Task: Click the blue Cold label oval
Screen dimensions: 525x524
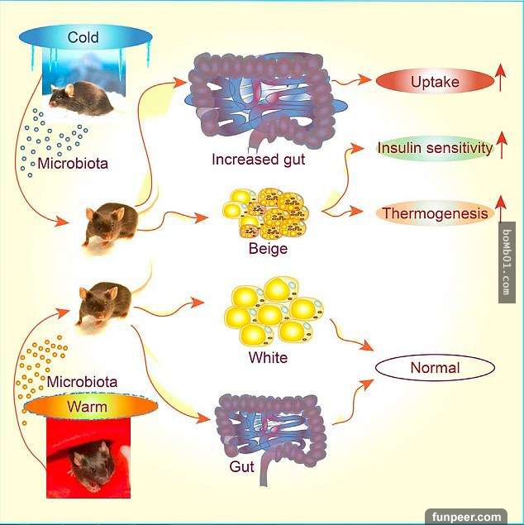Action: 84,37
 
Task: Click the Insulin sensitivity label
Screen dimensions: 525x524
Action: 435,149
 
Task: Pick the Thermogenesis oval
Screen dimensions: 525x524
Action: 435,214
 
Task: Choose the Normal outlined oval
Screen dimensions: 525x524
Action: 435,367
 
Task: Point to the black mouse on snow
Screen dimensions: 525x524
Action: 80,98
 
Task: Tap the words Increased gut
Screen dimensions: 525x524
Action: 258,160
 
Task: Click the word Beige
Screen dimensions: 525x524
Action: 267,247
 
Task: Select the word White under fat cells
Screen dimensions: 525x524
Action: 268,358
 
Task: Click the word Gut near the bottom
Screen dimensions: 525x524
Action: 242,466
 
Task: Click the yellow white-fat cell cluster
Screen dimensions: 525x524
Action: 272,314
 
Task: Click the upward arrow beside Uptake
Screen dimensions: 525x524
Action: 499,80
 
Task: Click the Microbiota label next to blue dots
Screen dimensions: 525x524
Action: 73,163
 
